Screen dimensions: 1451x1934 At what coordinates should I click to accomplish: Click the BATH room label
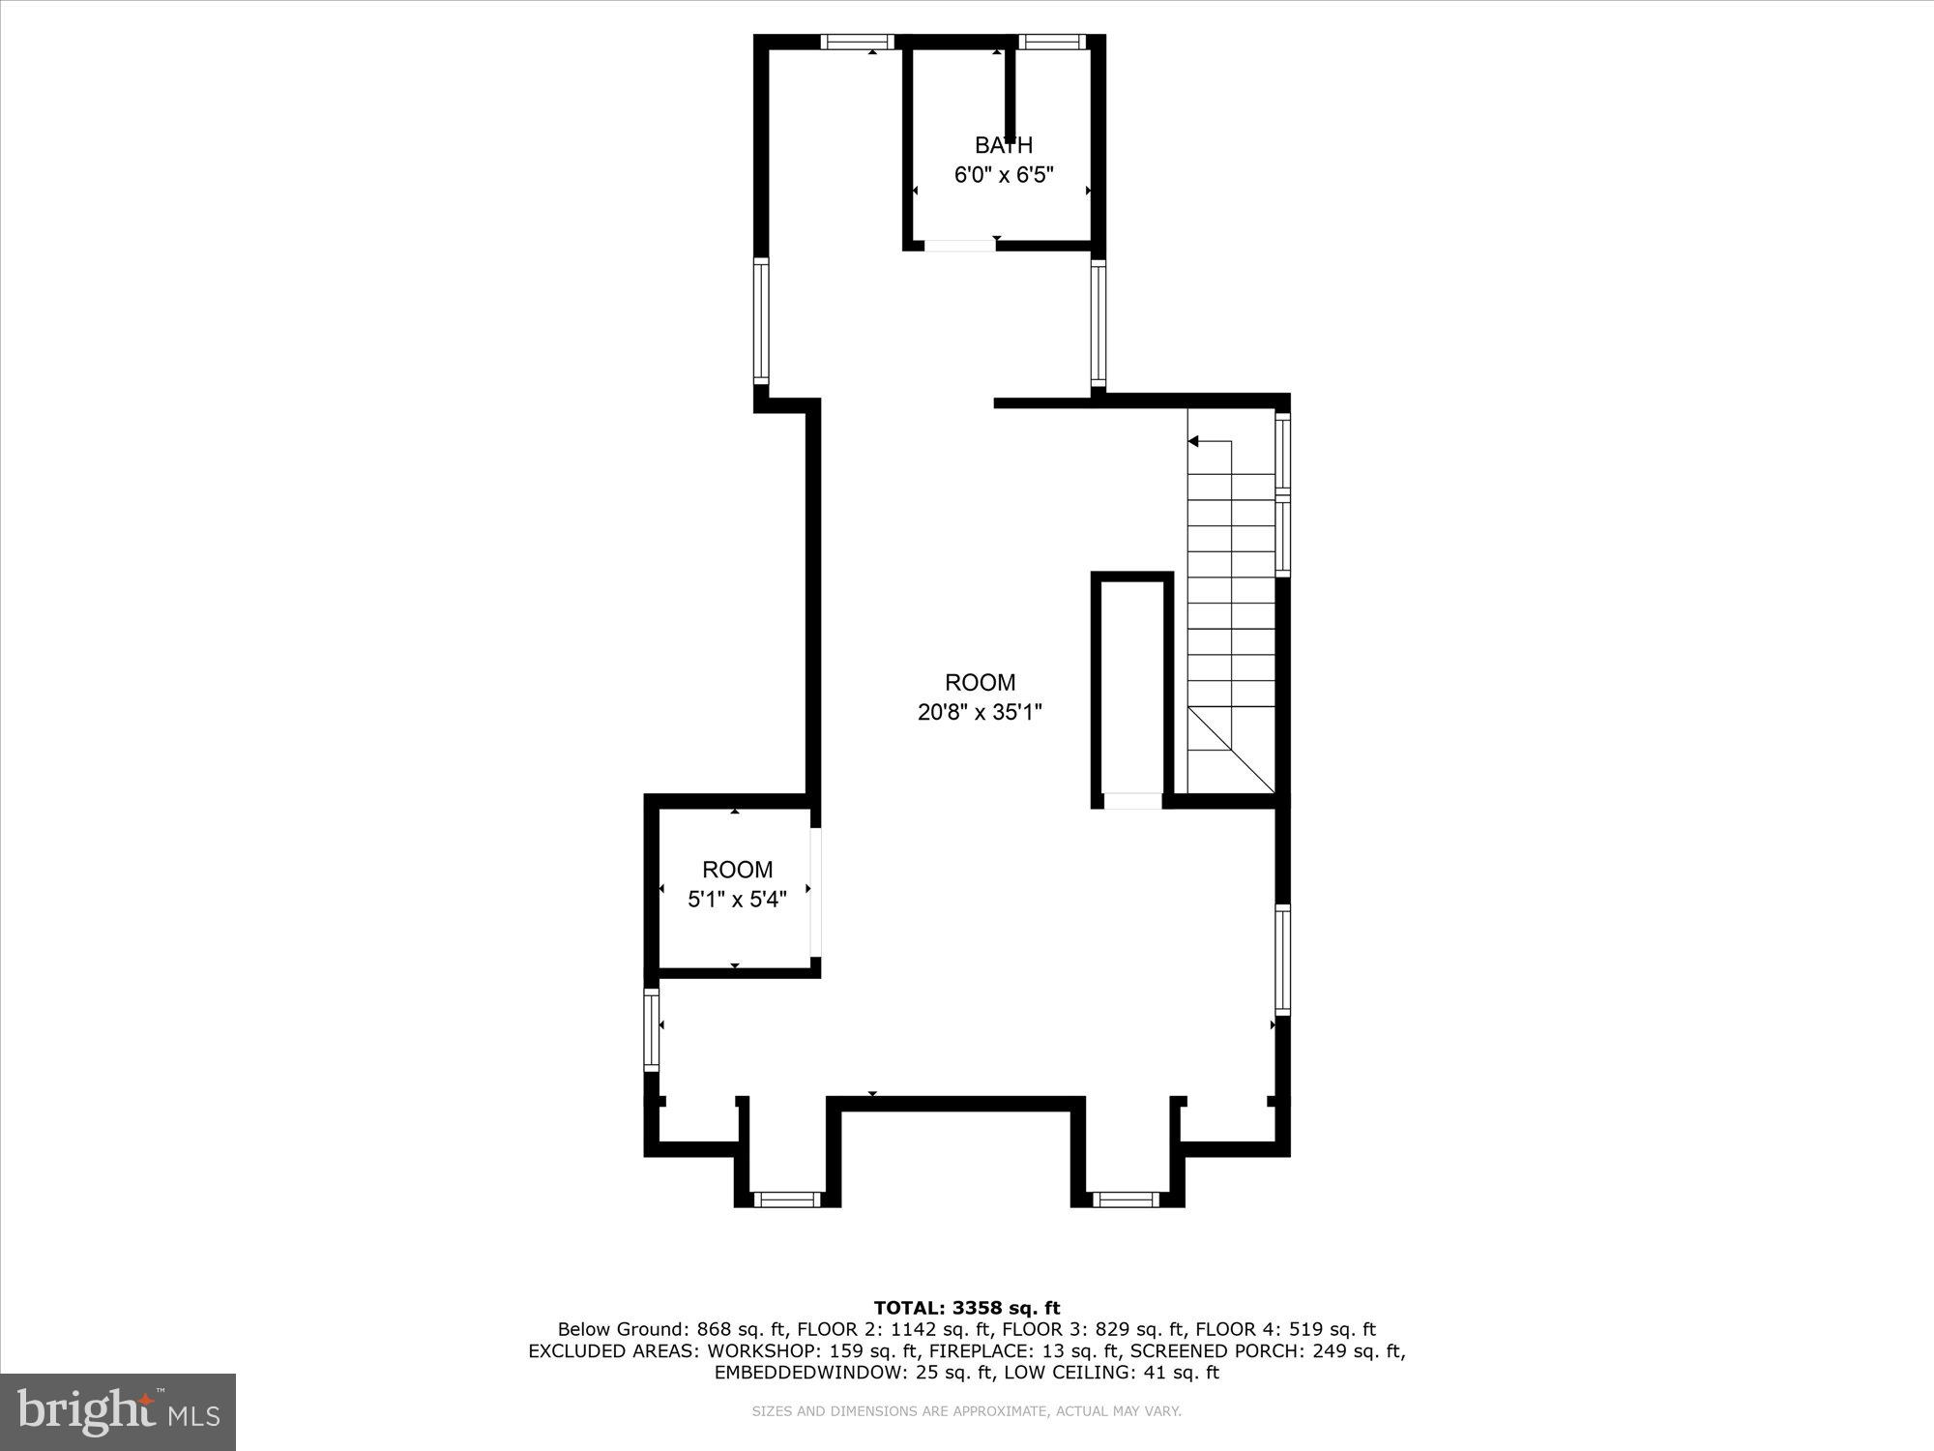(1003, 145)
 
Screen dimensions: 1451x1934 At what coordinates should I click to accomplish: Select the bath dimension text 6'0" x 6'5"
(1003, 175)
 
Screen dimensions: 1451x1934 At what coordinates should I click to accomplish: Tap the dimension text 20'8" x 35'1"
(980, 713)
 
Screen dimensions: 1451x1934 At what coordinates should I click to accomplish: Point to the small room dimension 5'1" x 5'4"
(737, 900)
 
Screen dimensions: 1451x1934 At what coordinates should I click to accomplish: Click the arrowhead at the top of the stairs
(1193, 441)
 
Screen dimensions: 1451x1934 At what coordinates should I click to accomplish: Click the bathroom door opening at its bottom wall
(959, 246)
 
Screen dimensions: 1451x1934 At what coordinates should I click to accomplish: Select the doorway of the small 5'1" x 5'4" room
(815, 891)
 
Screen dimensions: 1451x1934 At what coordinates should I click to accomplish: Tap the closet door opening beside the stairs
(1132, 801)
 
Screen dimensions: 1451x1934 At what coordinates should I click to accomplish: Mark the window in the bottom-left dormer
(786, 1199)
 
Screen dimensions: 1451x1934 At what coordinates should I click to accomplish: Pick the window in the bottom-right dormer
(1126, 1199)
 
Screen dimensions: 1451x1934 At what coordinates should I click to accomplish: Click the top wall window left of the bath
(857, 42)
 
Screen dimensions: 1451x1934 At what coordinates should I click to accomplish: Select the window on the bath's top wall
(1051, 42)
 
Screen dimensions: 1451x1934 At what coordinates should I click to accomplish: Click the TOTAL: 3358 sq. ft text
(967, 1309)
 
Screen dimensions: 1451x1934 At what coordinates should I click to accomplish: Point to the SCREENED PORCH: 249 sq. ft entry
(1267, 1351)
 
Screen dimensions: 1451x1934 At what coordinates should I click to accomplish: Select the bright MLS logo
(118, 1411)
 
